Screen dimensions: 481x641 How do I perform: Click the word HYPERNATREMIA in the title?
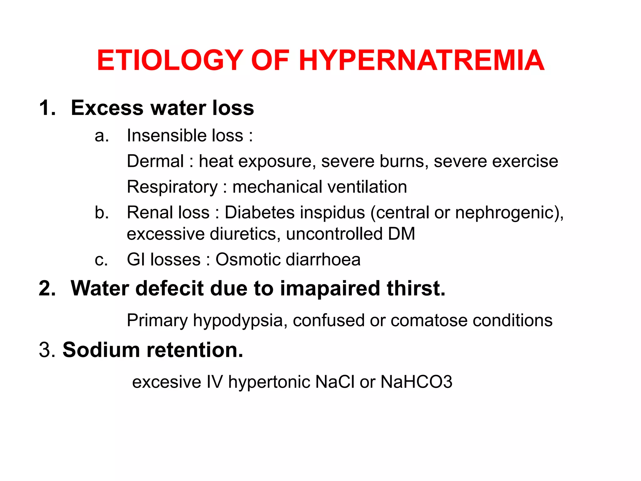point(422,60)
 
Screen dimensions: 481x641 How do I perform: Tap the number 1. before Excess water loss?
point(47,108)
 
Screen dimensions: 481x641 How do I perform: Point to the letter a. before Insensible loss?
point(102,136)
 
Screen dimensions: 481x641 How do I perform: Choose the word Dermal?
point(155,161)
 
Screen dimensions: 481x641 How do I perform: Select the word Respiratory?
point(172,187)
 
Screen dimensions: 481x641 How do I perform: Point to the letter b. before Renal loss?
point(102,213)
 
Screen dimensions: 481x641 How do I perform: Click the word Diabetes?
point(259,213)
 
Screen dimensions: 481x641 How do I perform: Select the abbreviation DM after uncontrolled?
point(402,234)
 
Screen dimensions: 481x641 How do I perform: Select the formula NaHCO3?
point(416,382)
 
